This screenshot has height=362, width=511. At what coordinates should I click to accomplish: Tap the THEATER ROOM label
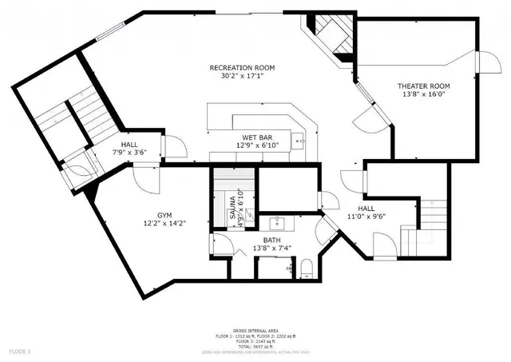click(424, 86)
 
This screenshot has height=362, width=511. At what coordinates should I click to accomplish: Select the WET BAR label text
click(255, 137)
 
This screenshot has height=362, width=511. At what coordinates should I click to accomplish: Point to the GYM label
click(164, 215)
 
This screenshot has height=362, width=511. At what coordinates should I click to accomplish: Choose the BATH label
click(272, 239)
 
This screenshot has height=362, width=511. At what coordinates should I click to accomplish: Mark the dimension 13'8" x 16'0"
click(424, 95)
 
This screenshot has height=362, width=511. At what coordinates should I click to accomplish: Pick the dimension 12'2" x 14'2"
click(164, 225)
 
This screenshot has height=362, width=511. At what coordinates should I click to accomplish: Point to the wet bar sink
click(298, 141)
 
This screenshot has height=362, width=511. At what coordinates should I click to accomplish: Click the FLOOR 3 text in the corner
click(21, 351)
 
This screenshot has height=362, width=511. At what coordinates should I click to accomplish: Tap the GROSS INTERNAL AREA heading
click(255, 330)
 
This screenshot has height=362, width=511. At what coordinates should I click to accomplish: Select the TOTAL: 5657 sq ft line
click(255, 347)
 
